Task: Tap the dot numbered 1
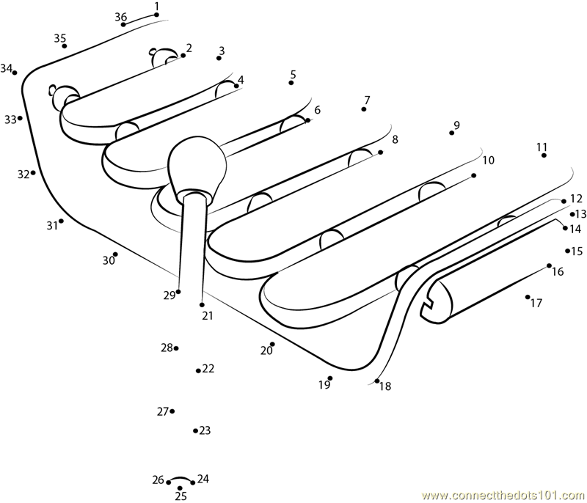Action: click(x=156, y=14)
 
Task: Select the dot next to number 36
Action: click(x=123, y=25)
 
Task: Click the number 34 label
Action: click(x=7, y=68)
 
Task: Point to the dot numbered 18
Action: click(x=377, y=381)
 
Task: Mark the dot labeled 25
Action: click(x=180, y=488)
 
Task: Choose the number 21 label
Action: click(x=207, y=316)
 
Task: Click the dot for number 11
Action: click(x=542, y=155)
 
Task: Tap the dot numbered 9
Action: click(x=451, y=133)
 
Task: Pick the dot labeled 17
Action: click(x=528, y=297)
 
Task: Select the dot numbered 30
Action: click(x=115, y=254)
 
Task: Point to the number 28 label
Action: click(x=167, y=348)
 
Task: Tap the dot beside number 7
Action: click(x=363, y=109)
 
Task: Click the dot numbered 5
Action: click(x=291, y=83)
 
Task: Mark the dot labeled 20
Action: click(x=272, y=344)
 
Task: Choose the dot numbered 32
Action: click(x=33, y=172)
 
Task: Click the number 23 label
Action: click(x=205, y=430)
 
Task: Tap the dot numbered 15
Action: click(x=567, y=251)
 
